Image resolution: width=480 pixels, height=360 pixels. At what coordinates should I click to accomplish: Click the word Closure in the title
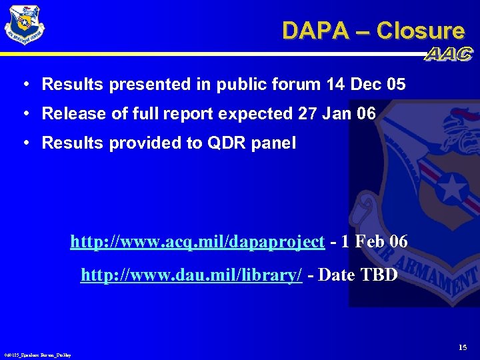pyautogui.click(x=420, y=31)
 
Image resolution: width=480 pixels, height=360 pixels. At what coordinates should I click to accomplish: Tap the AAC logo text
pyautogui.click(x=449, y=55)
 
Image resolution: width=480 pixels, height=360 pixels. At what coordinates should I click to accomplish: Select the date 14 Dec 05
pyautogui.click(x=366, y=85)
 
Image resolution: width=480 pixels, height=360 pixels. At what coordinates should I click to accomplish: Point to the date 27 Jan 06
pyautogui.click(x=337, y=113)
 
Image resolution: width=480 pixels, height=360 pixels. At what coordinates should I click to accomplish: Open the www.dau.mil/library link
pyautogui.click(x=191, y=275)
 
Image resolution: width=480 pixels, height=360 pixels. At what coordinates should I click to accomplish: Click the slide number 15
pyautogui.click(x=463, y=347)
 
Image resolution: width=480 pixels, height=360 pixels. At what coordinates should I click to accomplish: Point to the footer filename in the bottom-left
pyautogui.click(x=37, y=355)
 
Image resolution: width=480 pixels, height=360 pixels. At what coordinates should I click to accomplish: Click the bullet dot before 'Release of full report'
pyautogui.click(x=25, y=113)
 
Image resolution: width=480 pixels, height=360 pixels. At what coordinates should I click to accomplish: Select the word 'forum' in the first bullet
pyautogui.click(x=297, y=85)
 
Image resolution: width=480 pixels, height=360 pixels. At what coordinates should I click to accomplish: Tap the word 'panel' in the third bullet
pyautogui.click(x=275, y=143)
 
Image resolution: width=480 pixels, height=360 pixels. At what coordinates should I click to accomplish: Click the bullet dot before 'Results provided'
pyautogui.click(x=25, y=143)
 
